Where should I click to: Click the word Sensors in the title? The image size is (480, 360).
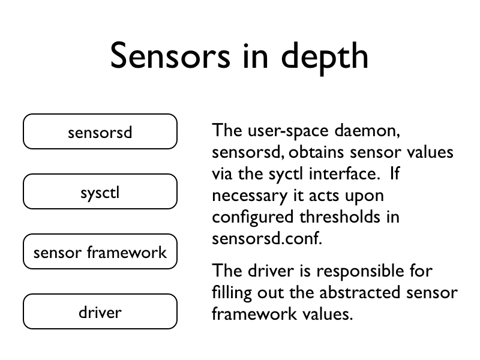170,56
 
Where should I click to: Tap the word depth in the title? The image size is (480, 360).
325,58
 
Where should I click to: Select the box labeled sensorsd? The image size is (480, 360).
100,131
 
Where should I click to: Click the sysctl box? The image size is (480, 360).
100,191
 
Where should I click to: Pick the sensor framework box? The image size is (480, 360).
100,251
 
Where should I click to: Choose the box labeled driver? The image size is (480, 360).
100,311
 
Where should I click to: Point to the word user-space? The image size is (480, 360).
288,131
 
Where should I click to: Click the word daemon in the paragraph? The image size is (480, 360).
367,131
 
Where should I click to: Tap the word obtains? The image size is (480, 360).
317,152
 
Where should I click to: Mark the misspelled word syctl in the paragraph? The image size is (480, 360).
286,175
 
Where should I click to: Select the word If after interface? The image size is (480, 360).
395,173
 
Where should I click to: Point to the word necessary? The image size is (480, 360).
250,196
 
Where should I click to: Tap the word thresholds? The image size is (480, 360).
340,217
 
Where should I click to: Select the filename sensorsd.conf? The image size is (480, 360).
267,238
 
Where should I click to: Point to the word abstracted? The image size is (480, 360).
359,292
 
